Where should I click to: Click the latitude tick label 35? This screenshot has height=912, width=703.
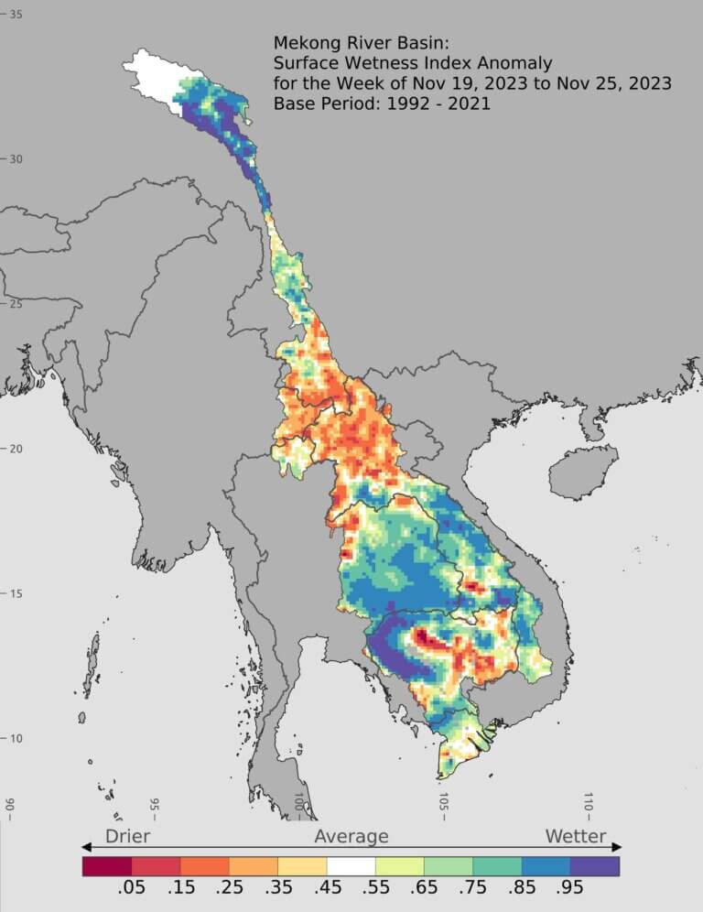(16, 15)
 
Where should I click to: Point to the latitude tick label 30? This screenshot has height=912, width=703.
(16, 159)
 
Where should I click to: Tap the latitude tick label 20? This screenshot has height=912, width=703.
(16, 449)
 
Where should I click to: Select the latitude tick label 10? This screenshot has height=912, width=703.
(16, 739)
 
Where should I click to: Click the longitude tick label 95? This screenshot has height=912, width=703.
(154, 805)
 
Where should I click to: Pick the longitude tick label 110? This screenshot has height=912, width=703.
(589, 805)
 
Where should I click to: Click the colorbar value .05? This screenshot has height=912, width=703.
(132, 888)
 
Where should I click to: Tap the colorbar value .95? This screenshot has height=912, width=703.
(570, 888)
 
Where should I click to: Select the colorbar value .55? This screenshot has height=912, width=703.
(375, 888)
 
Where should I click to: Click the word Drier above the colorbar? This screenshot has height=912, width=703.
(127, 836)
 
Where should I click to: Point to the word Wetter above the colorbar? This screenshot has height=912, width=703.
(576, 836)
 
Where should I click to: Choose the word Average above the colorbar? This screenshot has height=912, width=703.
(351, 836)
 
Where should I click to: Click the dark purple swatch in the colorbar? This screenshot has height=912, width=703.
(595, 865)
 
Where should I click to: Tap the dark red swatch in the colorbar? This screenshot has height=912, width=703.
(107, 865)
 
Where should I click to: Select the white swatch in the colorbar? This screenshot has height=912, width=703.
(351, 865)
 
